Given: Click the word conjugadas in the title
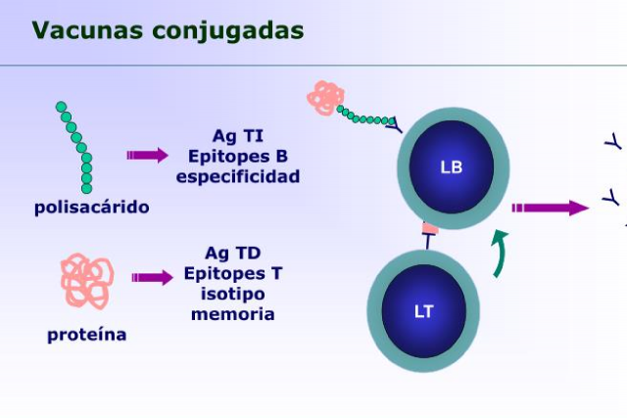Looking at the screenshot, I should pyautogui.click(x=227, y=31).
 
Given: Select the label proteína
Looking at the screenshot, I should pyautogui.click(x=87, y=335).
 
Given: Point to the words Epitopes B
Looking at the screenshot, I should pyautogui.click(x=238, y=157).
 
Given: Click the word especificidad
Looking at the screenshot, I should pyautogui.click(x=238, y=177).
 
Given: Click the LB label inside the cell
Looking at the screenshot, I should pyautogui.click(x=452, y=165).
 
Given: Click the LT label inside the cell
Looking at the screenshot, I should pyautogui.click(x=423, y=311).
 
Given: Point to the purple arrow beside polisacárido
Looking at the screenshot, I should pyautogui.click(x=147, y=155).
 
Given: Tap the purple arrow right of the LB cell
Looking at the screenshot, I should pyautogui.click(x=549, y=208).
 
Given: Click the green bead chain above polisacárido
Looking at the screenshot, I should pyautogui.click(x=76, y=146).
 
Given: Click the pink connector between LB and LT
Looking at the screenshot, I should pyautogui.click(x=429, y=229).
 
